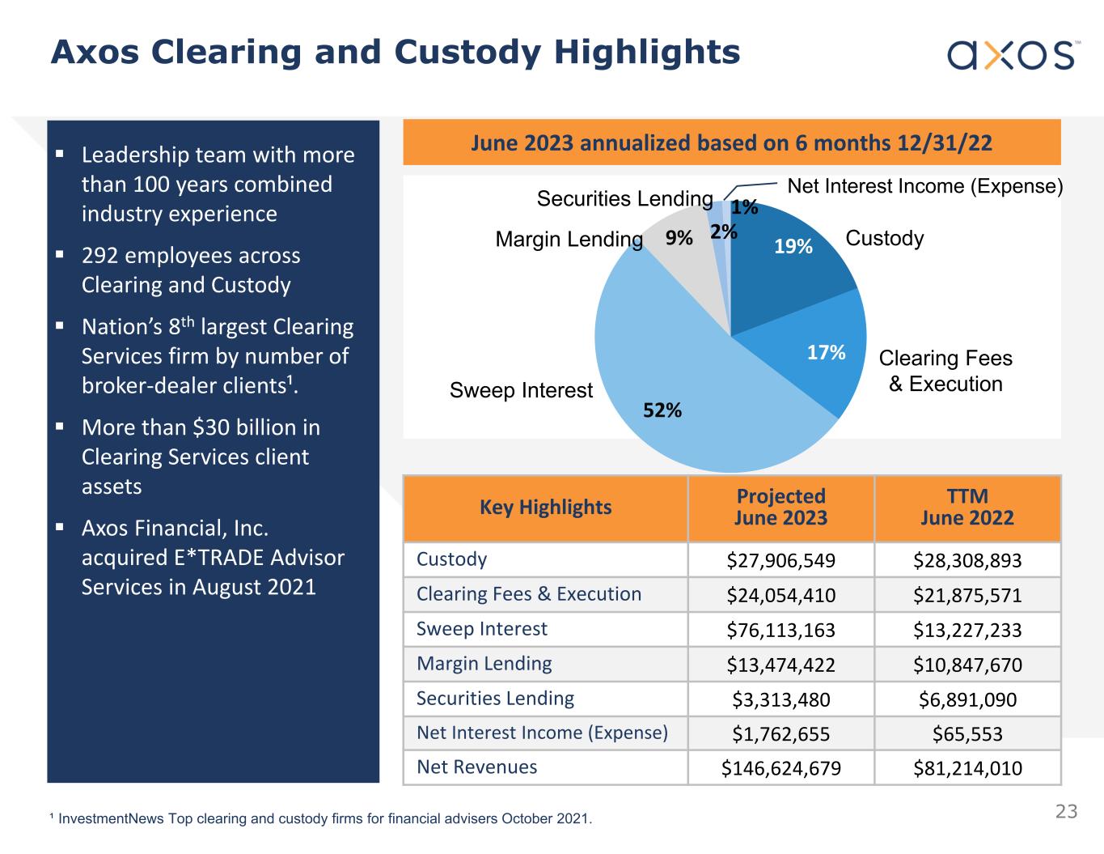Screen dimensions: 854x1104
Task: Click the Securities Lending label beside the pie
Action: pos(624,199)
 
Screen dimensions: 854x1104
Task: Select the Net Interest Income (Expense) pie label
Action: pos(924,186)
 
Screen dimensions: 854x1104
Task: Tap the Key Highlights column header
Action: pos(545,508)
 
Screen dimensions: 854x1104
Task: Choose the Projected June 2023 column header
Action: pos(780,508)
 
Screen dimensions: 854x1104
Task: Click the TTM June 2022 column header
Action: pos(967,508)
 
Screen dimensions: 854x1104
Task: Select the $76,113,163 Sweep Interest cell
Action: pos(780,630)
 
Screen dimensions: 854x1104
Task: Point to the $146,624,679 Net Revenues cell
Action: pos(780,768)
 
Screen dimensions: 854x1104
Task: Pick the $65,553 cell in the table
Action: pos(967,734)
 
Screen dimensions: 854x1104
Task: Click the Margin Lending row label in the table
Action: pos(484,664)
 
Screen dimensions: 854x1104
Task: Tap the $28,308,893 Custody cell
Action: pos(967,560)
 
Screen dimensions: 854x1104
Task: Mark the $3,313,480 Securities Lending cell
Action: pos(780,699)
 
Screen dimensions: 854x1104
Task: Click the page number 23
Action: pos(1066,811)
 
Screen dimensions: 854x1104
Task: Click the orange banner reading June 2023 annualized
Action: pos(731,143)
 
